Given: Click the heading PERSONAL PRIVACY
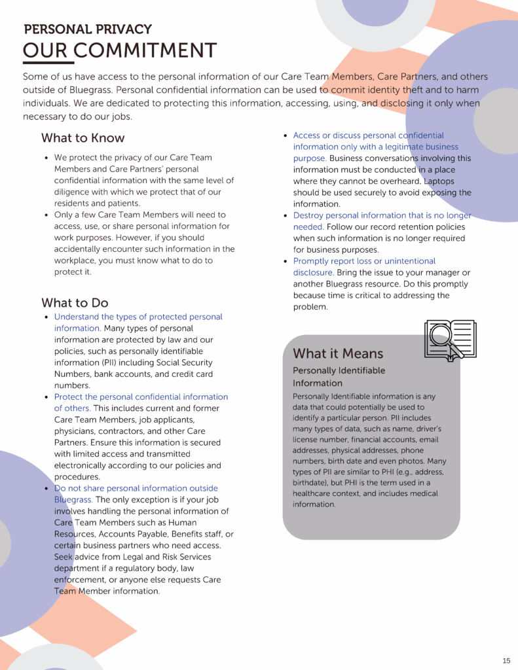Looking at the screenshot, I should [88, 29].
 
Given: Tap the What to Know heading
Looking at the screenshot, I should [83, 138].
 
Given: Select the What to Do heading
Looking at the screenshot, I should [75, 303].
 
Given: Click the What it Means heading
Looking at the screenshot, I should [338, 354].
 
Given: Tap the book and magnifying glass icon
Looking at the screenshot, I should [449, 339].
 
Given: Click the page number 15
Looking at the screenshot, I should [506, 660].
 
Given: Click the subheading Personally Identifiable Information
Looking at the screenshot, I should [339, 377].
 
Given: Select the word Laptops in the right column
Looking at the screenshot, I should [439, 181].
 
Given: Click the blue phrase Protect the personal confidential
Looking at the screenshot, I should [141, 397].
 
